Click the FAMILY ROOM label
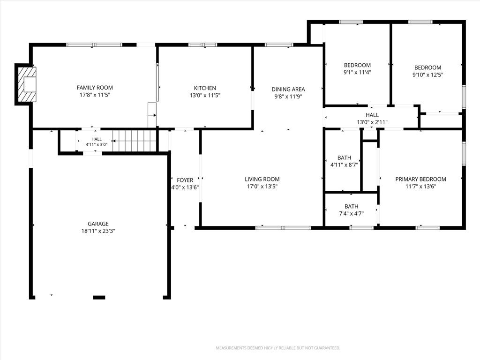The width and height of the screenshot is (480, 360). (95, 88)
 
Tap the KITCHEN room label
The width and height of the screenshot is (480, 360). (205, 88)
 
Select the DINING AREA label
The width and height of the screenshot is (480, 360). (288, 90)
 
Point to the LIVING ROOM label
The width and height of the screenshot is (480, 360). (262, 180)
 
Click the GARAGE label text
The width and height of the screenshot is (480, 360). (98, 224)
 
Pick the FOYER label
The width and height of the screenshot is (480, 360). (185, 180)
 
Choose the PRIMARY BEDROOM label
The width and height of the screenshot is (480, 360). (420, 180)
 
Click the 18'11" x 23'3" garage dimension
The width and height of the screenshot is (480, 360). (98, 231)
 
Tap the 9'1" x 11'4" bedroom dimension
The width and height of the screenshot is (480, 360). (357, 73)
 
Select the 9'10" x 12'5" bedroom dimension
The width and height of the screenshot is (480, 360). (427, 75)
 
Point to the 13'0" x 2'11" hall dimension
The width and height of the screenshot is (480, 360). (372, 122)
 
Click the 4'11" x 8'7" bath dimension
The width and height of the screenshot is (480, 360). (344, 165)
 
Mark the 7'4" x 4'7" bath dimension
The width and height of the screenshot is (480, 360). (351, 214)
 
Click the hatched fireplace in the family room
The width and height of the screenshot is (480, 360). (27, 84)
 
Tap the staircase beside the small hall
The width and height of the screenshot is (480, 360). (135, 141)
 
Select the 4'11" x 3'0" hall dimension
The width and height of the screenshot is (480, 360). (97, 144)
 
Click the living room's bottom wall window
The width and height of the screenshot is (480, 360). (283, 228)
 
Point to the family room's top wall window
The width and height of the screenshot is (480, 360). (94, 45)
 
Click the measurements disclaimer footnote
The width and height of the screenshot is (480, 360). (278, 348)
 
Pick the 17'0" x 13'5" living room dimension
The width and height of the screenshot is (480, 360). (262, 187)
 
